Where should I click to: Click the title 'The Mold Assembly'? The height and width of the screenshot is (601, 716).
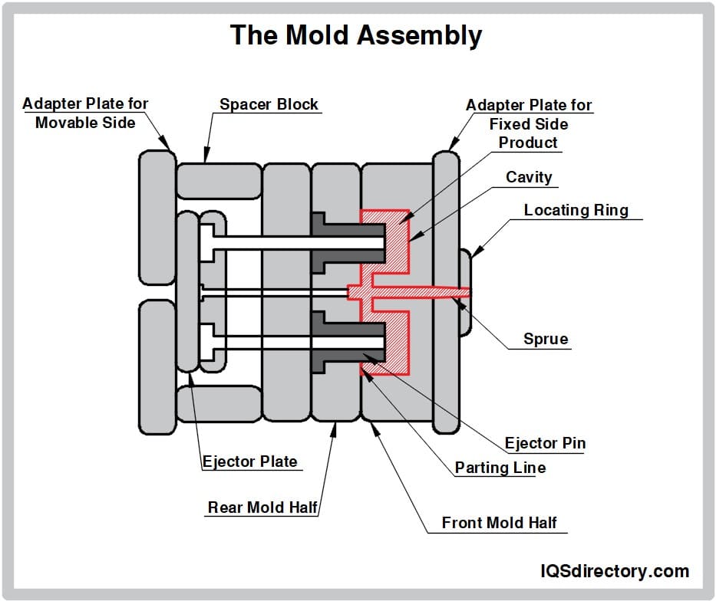point(356,35)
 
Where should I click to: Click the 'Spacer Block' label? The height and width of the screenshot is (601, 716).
point(269,104)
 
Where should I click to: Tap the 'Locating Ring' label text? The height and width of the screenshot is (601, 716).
point(576,210)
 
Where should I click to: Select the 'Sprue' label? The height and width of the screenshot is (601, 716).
point(546,339)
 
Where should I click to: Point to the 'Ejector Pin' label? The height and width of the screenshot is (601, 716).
point(545,443)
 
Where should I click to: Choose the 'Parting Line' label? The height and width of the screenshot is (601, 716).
point(500,468)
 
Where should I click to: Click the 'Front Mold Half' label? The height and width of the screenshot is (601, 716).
point(499,523)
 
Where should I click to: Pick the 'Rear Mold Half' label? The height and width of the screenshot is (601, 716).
point(262,507)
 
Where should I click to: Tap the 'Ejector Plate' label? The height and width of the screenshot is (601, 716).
point(249,461)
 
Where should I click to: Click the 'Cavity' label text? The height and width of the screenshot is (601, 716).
point(529,177)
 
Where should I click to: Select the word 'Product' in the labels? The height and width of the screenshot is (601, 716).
point(528,143)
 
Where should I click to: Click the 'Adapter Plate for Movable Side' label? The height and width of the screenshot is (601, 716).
point(85,113)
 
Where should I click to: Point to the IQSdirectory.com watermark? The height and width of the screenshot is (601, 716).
point(615,571)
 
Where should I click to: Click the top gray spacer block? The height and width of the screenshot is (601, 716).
point(219,181)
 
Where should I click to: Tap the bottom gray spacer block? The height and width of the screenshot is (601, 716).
point(219,403)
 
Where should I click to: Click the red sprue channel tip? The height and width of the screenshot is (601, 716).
point(460,292)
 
